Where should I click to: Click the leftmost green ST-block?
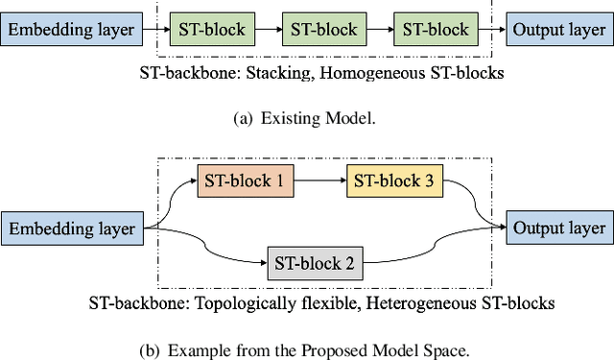click(208, 30)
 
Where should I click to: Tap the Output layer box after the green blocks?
click(558, 30)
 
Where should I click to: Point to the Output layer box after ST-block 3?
click(559, 228)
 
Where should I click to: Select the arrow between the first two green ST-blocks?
click(265, 30)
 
